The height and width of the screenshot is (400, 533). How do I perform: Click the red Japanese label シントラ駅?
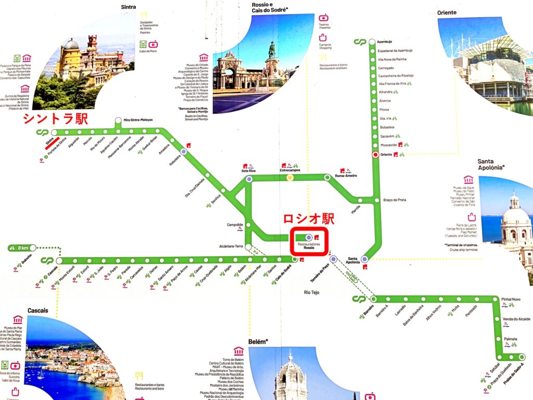[x=55, y=119]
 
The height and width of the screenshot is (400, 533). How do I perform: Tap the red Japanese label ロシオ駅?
[x=309, y=218]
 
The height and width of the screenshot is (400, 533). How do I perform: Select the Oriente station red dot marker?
[x=375, y=155]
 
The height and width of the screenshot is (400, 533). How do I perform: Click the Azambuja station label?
[x=385, y=41]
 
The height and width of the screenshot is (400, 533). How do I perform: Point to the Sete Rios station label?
[x=249, y=170]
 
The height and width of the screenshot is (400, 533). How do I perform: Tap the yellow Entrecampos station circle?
[x=290, y=178]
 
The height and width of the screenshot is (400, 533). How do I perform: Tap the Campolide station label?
[x=235, y=225]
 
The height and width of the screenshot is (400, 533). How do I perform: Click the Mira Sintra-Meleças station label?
[x=138, y=120]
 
